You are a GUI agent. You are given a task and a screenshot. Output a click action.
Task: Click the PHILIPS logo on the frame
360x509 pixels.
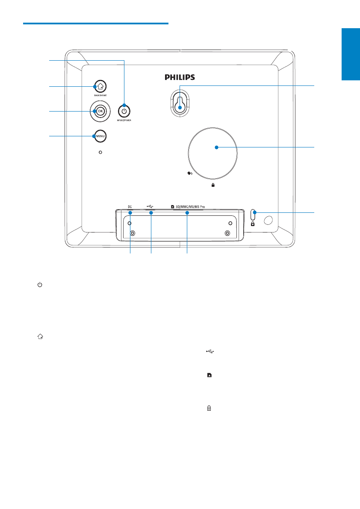click(x=180, y=77)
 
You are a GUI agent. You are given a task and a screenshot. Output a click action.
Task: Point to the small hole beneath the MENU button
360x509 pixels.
click(x=100, y=152)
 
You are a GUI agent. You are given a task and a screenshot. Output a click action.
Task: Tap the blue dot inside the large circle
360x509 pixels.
click(x=216, y=147)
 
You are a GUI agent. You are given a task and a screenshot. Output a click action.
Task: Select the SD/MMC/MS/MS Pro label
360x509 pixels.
click(x=190, y=206)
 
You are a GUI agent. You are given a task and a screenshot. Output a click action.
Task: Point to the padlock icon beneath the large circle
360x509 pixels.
click(x=212, y=185)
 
